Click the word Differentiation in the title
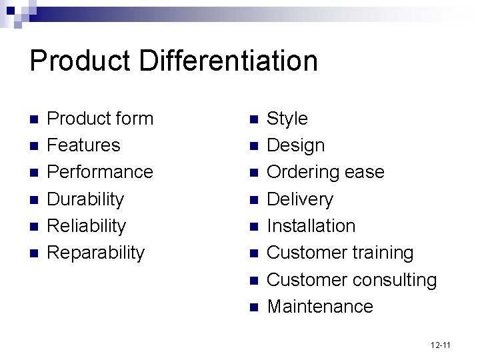(x=229, y=61)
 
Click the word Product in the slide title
(x=81, y=61)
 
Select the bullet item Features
(x=83, y=145)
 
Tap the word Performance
(x=100, y=172)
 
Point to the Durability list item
(x=85, y=199)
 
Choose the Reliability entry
(x=86, y=226)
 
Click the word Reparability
(x=96, y=253)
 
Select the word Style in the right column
(x=287, y=119)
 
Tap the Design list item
(x=295, y=145)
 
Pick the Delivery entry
(x=299, y=199)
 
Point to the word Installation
(x=311, y=226)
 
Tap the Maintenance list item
(x=319, y=307)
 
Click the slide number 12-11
(x=441, y=345)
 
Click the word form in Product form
(x=133, y=119)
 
